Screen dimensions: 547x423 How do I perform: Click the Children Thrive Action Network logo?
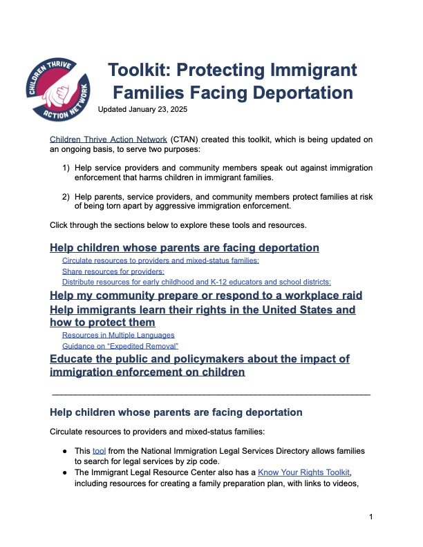(x=59, y=88)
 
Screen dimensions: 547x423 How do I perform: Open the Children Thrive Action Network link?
(x=109, y=140)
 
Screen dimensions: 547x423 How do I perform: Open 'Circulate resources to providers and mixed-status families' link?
(x=160, y=260)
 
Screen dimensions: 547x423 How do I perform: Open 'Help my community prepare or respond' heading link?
(x=206, y=295)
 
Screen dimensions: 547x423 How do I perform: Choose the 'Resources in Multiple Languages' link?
(x=118, y=335)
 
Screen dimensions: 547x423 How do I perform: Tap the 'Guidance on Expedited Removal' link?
(x=120, y=345)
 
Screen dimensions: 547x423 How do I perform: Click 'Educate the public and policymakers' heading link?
(x=199, y=359)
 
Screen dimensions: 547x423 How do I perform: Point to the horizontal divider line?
(x=211, y=394)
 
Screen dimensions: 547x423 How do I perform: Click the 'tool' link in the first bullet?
(x=98, y=450)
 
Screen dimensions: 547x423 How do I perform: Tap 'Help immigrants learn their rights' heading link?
(x=203, y=310)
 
